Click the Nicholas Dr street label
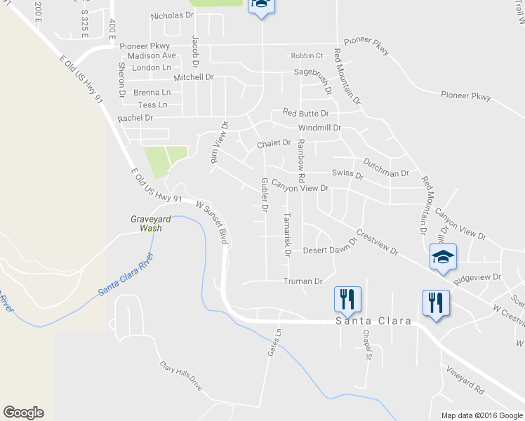pyautogui.click(x=172, y=15)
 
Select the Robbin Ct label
pyautogui.click(x=307, y=56)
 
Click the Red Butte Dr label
pyautogui.click(x=305, y=113)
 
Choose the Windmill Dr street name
pyautogui.click(x=319, y=128)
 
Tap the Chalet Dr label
pyautogui.click(x=274, y=143)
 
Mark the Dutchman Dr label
pyautogui.click(x=385, y=173)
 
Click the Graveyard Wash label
pyautogui.click(x=150, y=223)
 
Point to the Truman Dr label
pyautogui.click(x=303, y=281)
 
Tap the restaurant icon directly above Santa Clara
pyautogui.click(x=347, y=299)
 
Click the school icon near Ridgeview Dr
pyautogui.click(x=444, y=258)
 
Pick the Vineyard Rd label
pyautogui.click(x=465, y=377)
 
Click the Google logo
pyautogui.click(x=22, y=413)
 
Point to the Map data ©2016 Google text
pyautogui.click(x=482, y=415)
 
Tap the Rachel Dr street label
pyautogui.click(x=135, y=118)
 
